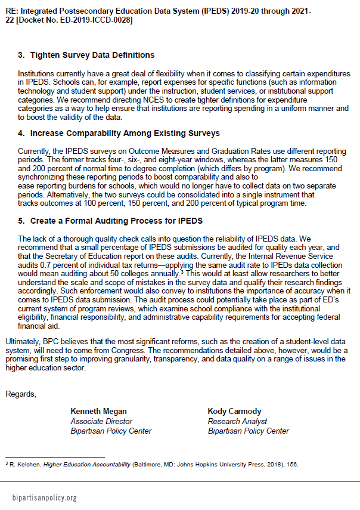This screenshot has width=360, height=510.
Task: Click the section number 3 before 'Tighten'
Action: pyautogui.click(x=21, y=55)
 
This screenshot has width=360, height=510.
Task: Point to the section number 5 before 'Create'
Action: pyautogui.click(x=21, y=220)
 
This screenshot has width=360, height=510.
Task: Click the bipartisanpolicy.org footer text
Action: pyautogui.click(x=45, y=497)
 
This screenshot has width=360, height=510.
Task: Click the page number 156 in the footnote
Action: pyautogui.click(x=292, y=464)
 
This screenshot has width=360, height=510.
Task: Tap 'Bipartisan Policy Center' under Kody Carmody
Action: pyautogui.click(x=248, y=431)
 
